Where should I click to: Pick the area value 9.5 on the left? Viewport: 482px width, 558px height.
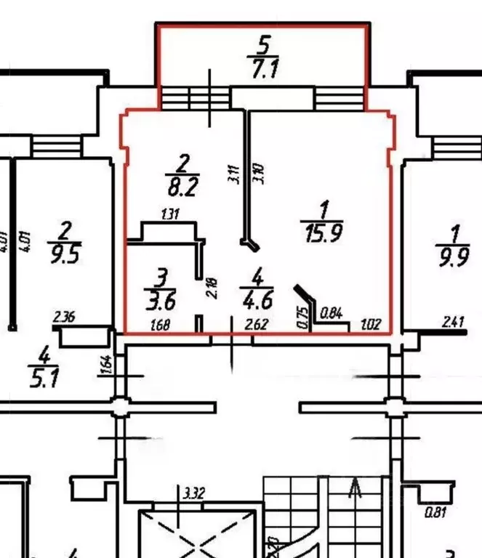(65, 256)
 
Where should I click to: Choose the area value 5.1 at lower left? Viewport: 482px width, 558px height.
(44, 379)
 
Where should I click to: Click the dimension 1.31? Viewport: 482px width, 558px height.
(169, 214)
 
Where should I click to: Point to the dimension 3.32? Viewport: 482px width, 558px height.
(194, 494)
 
